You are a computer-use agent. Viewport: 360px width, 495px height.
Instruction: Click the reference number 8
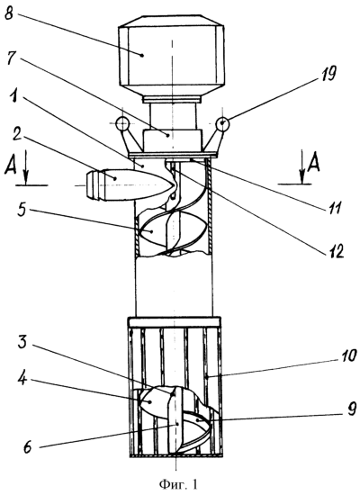[x=9, y=13]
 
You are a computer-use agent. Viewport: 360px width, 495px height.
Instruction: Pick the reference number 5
[x=22, y=210]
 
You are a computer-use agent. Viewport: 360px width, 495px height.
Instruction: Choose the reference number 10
[x=346, y=355]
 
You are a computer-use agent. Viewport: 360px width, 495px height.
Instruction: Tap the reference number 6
[x=28, y=447]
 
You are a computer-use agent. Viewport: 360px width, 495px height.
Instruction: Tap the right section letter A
[x=313, y=162]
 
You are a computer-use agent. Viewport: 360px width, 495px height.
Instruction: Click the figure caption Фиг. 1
[x=178, y=483]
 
